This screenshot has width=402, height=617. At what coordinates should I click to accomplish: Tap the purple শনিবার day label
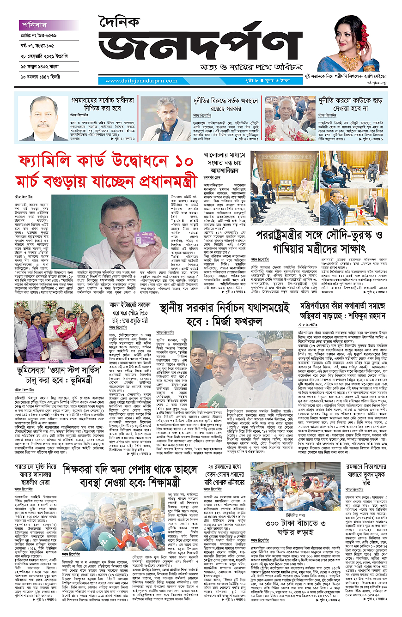click(x=33, y=25)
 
